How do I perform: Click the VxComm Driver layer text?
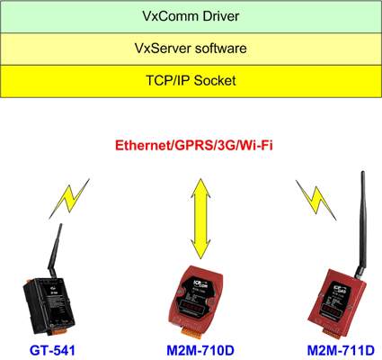[191, 16]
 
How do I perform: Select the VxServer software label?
[191, 49]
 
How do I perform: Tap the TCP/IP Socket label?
[191, 81]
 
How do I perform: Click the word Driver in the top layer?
[221, 16]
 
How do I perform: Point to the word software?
[219, 49]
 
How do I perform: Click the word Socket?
[215, 81]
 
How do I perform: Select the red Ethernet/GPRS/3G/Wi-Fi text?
[194, 146]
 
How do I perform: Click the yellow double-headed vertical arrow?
[200, 219]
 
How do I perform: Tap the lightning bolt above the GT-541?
[69, 199]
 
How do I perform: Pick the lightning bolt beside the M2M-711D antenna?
[316, 200]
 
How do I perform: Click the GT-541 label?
[52, 350]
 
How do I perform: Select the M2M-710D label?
[200, 350]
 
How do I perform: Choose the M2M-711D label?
[341, 350]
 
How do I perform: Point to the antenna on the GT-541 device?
[55, 249]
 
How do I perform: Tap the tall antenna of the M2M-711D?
[360, 224]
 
